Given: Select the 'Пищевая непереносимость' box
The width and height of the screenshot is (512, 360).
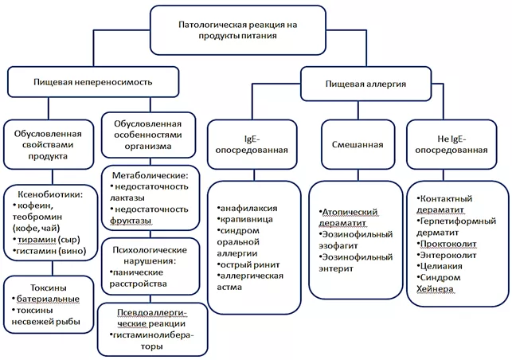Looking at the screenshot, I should click(x=93, y=81).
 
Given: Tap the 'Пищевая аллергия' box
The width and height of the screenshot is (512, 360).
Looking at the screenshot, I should click(x=366, y=82).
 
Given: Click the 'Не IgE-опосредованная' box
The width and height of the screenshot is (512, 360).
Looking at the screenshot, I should click(x=451, y=144).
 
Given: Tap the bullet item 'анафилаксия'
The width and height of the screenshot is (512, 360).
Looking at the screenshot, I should click(x=247, y=208).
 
